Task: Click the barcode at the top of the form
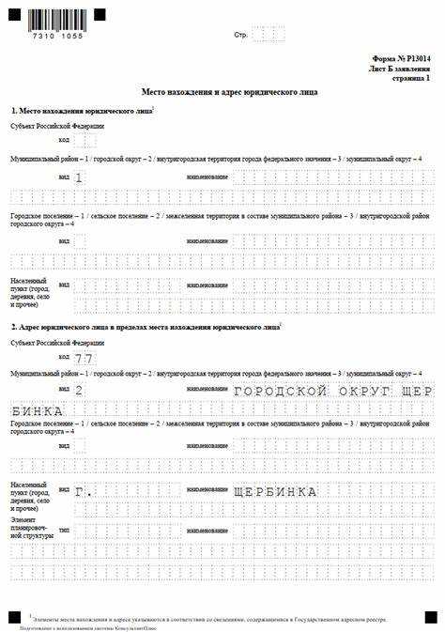pos(55,17)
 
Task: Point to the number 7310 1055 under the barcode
pos(55,34)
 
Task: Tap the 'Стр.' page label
pos(240,35)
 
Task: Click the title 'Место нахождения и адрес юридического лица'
pos(229,92)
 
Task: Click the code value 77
pos(84,359)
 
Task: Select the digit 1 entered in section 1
pos(79,177)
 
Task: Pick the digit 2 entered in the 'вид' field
pos(79,389)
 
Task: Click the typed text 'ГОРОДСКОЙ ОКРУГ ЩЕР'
pos(333,389)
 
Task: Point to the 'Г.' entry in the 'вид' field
pos(84,491)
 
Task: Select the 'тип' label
pos(64,531)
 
